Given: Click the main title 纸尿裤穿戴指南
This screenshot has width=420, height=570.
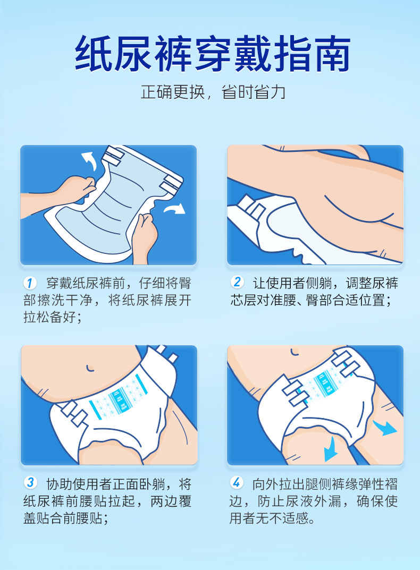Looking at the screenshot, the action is (213, 54).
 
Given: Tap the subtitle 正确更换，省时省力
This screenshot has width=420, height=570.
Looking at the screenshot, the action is (213, 92).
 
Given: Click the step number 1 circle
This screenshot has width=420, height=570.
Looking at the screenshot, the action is (30, 283).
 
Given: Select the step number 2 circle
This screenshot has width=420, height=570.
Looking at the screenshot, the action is (237, 282).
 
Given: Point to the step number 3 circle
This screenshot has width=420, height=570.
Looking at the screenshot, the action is (31, 482).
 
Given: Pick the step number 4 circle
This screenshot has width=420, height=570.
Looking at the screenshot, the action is (237, 482).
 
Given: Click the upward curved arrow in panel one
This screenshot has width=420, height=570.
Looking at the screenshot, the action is (89, 160).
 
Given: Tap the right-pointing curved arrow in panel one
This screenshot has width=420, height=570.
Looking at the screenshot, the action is (174, 209).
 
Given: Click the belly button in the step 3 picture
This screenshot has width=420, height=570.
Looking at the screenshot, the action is (90, 368).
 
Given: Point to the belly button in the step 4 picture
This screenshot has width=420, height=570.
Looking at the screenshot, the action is (295, 352).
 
